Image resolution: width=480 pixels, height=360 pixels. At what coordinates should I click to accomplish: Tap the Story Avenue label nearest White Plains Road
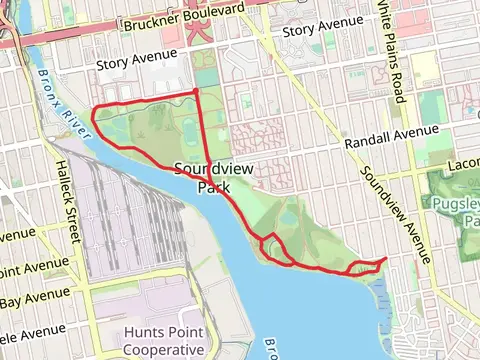(x=322, y=33)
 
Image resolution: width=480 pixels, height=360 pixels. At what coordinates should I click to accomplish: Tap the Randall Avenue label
(x=391, y=138)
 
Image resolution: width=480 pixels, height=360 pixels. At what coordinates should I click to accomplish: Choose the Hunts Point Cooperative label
(x=164, y=340)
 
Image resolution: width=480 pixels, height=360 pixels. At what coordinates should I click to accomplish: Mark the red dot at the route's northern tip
(x=195, y=92)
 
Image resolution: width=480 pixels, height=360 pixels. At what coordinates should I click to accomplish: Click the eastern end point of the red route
(x=386, y=259)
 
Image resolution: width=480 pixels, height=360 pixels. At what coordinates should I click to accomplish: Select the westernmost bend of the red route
(x=93, y=118)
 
